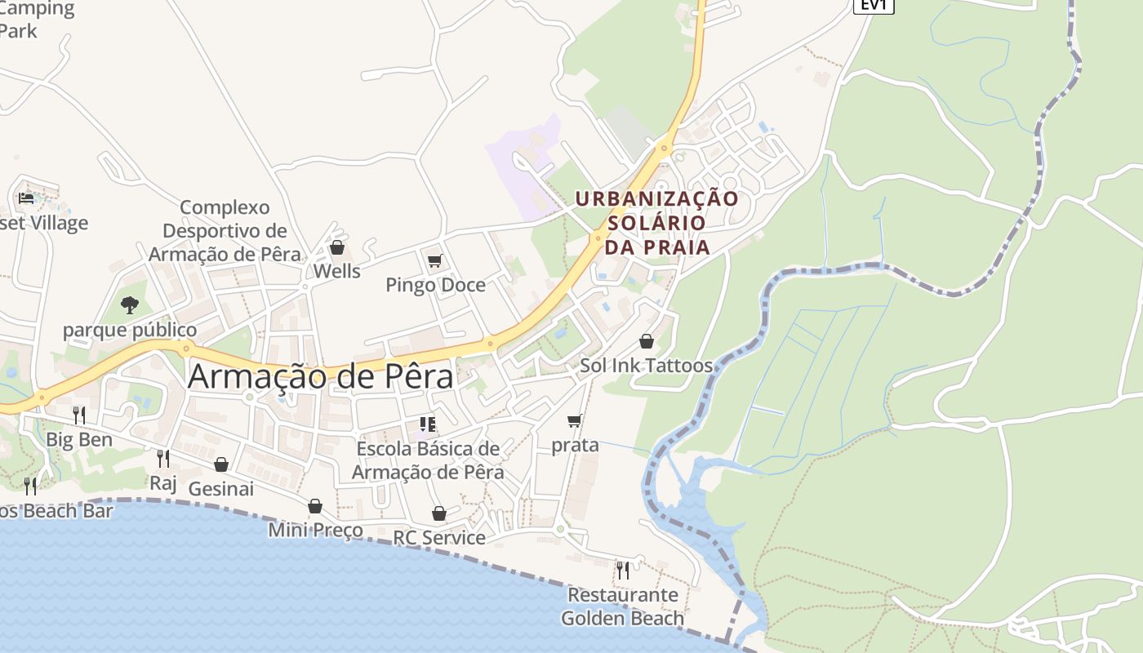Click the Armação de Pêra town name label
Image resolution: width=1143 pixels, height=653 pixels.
tap(320, 377)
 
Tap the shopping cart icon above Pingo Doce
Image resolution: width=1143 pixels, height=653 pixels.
tap(435, 261)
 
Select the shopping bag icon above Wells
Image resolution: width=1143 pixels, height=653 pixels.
tap(336, 247)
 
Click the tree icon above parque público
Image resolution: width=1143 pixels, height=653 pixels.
tap(129, 305)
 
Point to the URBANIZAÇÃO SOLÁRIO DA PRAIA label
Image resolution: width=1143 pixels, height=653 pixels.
tap(656, 222)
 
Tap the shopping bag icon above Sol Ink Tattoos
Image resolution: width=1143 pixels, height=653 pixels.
tap(647, 341)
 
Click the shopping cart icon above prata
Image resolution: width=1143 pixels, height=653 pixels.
tap(575, 421)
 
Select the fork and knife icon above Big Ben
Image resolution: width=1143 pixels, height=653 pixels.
tap(78, 415)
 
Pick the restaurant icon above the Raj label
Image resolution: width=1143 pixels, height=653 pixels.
tap(163, 459)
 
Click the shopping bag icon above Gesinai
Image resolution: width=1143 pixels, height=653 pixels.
tap(221, 464)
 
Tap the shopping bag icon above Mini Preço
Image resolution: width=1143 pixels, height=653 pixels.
tap(315, 506)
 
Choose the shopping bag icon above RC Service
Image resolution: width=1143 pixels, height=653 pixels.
tap(439, 513)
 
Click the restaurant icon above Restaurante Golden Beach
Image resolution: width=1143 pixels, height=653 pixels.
tap(623, 570)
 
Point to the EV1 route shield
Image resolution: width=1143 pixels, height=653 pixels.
tap(874, 5)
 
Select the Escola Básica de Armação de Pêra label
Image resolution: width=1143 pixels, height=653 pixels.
tap(428, 460)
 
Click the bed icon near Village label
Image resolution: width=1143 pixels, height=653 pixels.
tap(26, 198)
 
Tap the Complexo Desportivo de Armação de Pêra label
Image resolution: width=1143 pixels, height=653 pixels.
tap(225, 230)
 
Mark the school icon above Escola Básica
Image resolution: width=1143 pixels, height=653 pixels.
tap(428, 424)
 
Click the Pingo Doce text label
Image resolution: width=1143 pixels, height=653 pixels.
tap(435, 285)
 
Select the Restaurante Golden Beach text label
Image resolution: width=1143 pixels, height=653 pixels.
tap(623, 606)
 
